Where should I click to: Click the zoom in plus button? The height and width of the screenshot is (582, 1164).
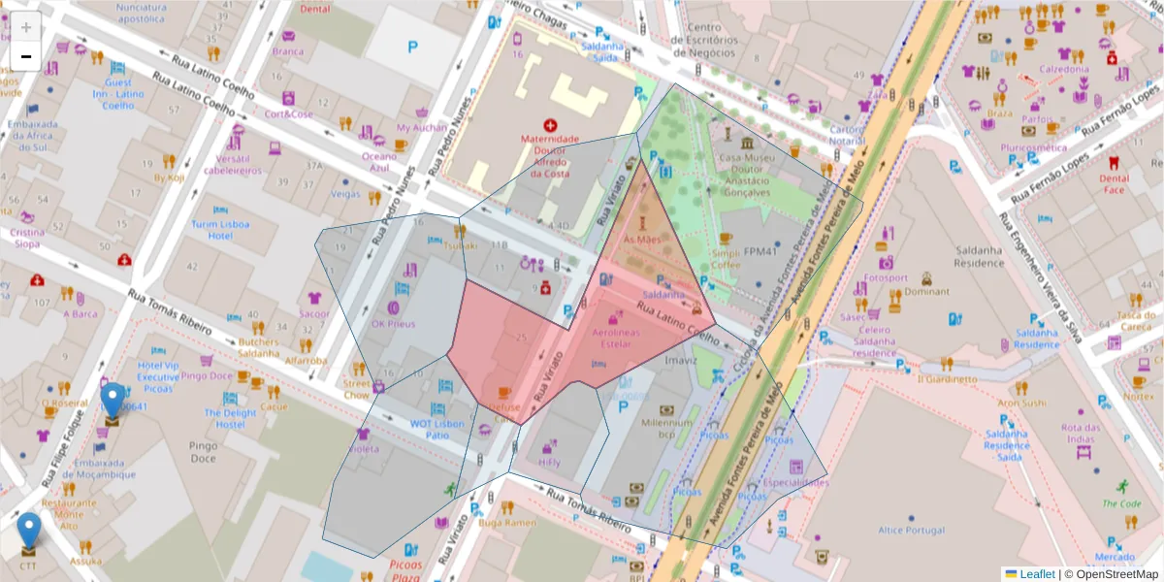26,27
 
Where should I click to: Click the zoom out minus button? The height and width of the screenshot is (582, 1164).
26,56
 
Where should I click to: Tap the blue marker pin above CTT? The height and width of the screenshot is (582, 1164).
29,530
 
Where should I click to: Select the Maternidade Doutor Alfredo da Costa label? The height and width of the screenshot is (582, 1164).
551,155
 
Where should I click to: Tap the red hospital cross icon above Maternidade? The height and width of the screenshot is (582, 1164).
551,125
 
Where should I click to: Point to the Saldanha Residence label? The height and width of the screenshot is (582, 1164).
978,256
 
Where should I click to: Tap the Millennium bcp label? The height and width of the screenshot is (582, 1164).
660,429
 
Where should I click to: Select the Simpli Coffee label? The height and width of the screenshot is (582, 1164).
726,258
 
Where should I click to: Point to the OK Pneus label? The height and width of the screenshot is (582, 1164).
393,323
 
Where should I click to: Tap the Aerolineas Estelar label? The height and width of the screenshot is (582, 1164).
614,337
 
